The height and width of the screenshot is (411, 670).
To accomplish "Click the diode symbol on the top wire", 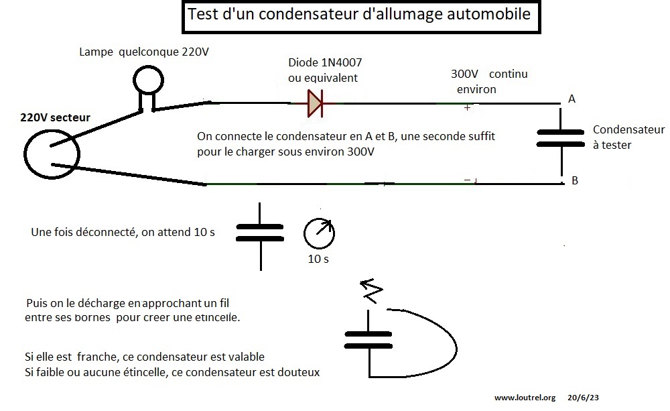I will (314, 103).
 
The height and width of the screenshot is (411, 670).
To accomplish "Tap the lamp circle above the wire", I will (146, 80).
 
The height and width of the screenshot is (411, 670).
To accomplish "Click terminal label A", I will (572, 99).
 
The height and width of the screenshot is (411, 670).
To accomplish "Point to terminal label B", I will (574, 180).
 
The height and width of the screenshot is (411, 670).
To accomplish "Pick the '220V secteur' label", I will (55, 118).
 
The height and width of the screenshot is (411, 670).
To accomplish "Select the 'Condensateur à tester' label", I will (628, 137).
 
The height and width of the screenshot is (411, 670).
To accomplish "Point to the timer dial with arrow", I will (319, 233).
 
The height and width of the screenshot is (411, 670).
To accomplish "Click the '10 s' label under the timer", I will (318, 259).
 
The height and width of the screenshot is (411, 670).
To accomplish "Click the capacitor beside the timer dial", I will (260, 233).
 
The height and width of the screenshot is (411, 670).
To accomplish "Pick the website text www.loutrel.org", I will (525, 398).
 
